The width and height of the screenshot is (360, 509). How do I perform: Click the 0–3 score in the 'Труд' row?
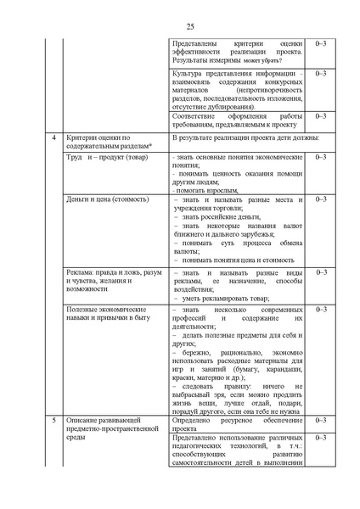coord(319,158)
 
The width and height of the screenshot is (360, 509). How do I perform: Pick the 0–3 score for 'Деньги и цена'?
coord(319,199)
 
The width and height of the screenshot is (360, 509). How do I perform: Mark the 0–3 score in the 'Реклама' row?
coord(319,271)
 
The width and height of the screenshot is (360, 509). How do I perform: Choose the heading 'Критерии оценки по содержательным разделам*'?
coord(105,142)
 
